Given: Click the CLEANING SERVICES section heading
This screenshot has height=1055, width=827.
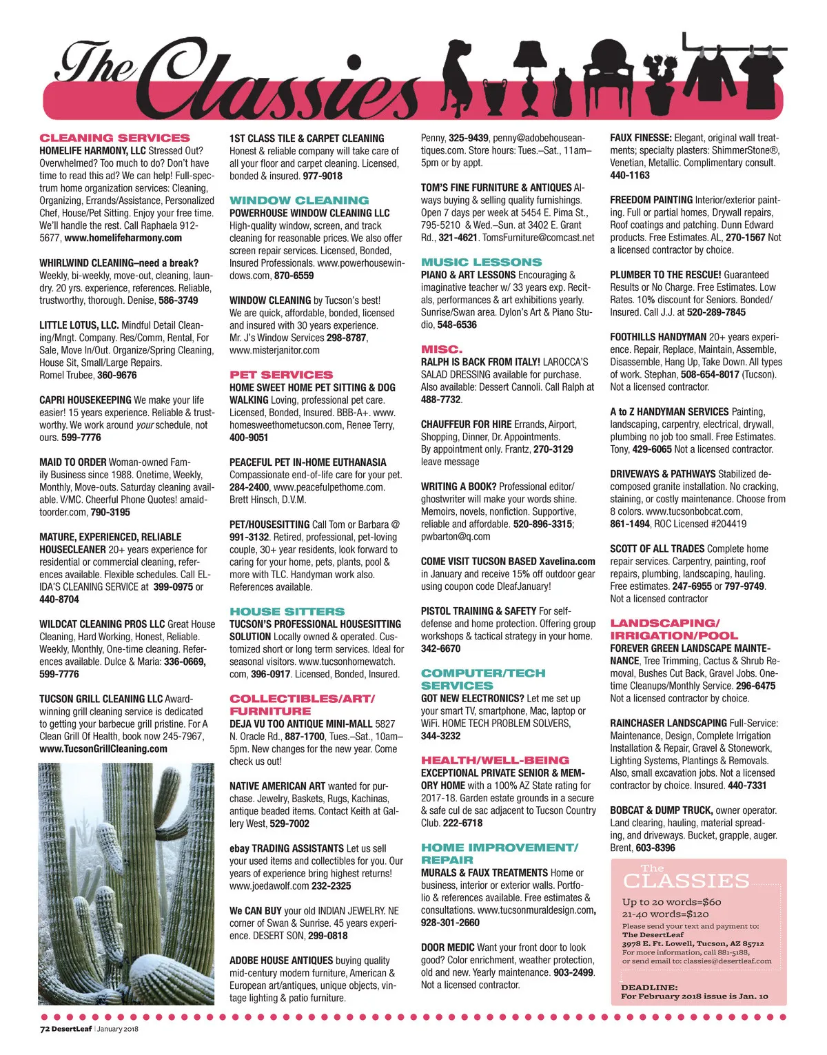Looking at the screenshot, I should [x=114, y=138].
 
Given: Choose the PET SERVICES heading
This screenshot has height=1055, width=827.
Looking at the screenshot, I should [x=281, y=375].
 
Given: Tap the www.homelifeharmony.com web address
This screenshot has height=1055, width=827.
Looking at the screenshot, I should [x=123, y=238].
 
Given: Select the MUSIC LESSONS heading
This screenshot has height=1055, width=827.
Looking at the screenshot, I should [x=482, y=263].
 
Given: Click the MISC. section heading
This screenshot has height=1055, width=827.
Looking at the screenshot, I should [x=442, y=349].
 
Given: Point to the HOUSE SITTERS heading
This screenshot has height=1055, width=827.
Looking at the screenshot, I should [x=287, y=611].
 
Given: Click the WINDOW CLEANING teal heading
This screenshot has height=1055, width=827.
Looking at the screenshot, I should [x=299, y=201].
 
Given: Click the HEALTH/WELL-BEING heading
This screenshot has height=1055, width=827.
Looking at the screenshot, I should [x=496, y=760].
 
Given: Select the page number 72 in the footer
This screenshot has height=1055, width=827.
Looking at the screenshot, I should [x=43, y=1029].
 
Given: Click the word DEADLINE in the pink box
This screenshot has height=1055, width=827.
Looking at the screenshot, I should [x=649, y=987].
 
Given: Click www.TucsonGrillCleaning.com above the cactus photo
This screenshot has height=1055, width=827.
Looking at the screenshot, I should [x=103, y=749].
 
